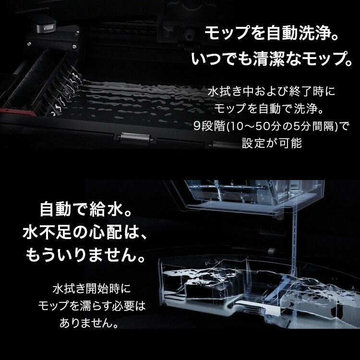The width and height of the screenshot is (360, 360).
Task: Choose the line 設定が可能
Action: [272, 143]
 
